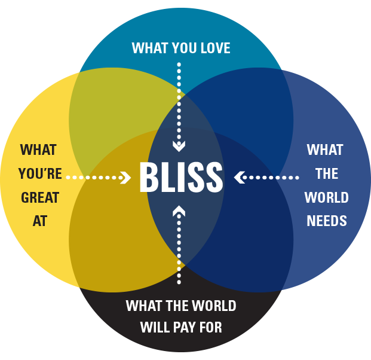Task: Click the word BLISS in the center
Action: pyautogui.click(x=181, y=177)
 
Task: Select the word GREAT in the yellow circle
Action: pyautogui.click(x=40, y=197)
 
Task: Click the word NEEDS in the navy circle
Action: pyautogui.click(x=327, y=221)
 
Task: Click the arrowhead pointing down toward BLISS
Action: pyautogui.click(x=179, y=145)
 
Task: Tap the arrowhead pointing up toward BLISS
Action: pyautogui.click(x=179, y=210)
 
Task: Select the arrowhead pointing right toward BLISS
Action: pyautogui.click(x=125, y=178)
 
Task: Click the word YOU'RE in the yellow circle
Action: pyautogui.click(x=40, y=174)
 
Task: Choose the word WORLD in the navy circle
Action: pyautogui.click(x=327, y=197)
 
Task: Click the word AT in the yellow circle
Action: pyautogui.click(x=40, y=221)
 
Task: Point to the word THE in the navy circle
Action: pyautogui.click(x=327, y=174)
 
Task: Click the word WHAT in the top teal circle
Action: pyautogui.click(x=149, y=48)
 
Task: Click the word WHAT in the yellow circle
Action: pyautogui.click(x=40, y=150)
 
